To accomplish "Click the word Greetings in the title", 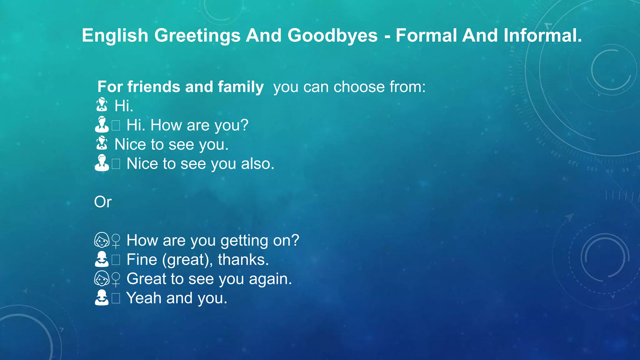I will pyautogui.click(x=197, y=36).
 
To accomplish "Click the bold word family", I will pyautogui.click(x=241, y=87).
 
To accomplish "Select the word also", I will pyautogui.click(x=257, y=163).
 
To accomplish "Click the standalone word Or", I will pyautogui.click(x=103, y=202).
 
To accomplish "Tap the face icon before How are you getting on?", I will pyautogui.click(x=102, y=240).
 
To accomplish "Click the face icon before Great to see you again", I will pyautogui.click(x=102, y=279).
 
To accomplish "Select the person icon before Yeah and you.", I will pyautogui.click(x=102, y=297).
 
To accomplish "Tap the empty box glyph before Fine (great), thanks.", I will pyautogui.click(x=116, y=260).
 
